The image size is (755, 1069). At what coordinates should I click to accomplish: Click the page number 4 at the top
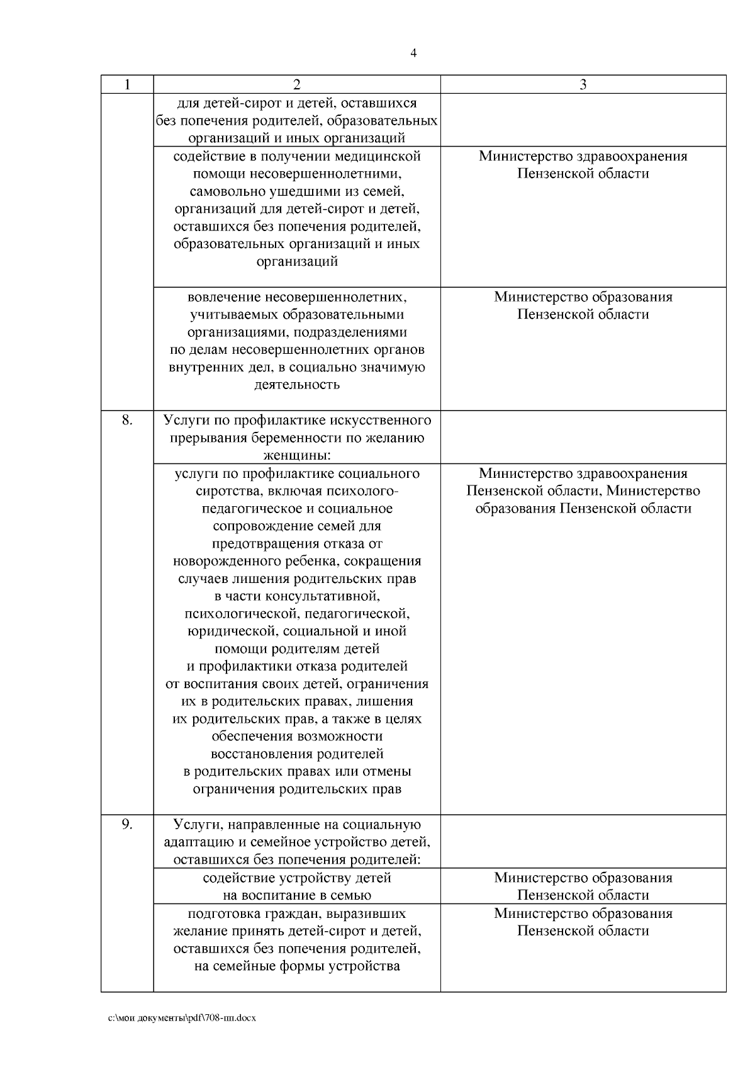(413, 54)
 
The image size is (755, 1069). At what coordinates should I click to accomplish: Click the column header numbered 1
(127, 84)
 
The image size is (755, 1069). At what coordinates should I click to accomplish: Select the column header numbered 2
(296, 84)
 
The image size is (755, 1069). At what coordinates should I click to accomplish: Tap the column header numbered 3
(583, 84)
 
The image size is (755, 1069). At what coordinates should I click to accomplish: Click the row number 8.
(127, 420)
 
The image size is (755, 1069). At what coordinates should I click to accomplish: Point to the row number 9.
(127, 824)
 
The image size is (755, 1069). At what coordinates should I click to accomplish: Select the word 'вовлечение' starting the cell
(223, 297)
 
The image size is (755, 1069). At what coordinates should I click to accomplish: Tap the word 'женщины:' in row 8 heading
(296, 455)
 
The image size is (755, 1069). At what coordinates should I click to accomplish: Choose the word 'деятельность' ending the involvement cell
(296, 384)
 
